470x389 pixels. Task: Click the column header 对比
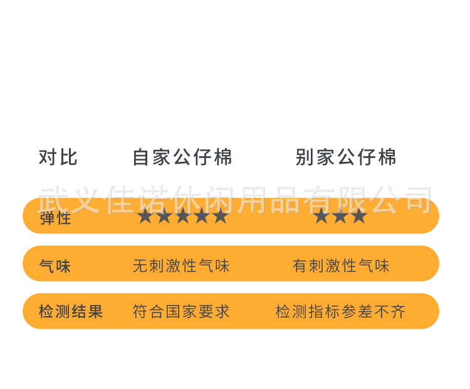(x=58, y=157)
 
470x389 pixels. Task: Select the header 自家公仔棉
(x=182, y=157)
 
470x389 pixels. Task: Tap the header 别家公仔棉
(x=346, y=157)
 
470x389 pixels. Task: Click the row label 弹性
(x=55, y=219)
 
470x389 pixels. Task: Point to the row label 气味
(x=55, y=267)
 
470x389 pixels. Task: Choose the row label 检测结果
(x=71, y=312)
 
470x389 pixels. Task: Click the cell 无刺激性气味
(x=181, y=266)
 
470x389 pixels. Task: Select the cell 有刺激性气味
(x=341, y=266)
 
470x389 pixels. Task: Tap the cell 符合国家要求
(x=181, y=312)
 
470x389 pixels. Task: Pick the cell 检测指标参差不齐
(x=341, y=312)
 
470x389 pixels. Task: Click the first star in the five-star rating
(x=145, y=216)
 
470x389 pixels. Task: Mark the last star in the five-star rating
(x=221, y=216)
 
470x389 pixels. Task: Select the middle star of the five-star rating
(x=183, y=216)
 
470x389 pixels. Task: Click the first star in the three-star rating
(x=321, y=216)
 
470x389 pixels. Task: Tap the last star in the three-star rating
(x=359, y=216)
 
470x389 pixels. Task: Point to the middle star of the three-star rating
(x=340, y=216)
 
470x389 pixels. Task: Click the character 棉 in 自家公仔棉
(x=223, y=157)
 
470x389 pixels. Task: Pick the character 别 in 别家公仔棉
(x=305, y=157)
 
